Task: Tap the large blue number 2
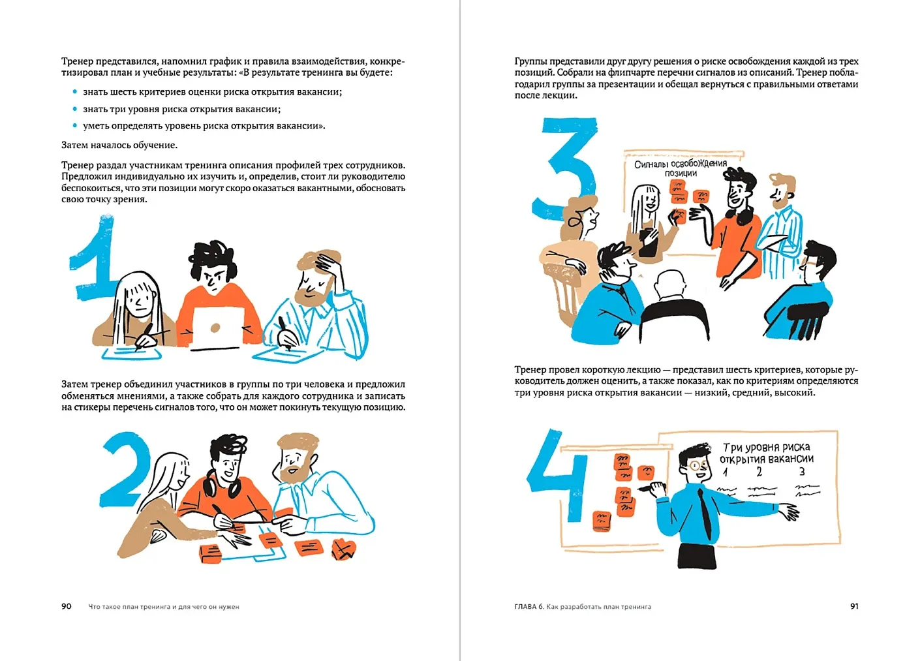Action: coord(125,469)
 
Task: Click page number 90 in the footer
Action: coord(66,606)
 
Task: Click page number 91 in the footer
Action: coord(854,606)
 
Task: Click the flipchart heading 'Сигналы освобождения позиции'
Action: coord(681,168)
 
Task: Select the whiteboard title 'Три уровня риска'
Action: coord(767,447)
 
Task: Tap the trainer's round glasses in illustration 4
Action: coord(699,465)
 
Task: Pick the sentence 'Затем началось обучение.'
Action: coord(119,145)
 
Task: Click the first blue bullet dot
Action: coord(75,91)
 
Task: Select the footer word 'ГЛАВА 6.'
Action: coord(529,606)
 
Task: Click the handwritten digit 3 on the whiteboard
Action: coord(802,471)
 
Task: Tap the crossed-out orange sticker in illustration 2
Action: coord(343,550)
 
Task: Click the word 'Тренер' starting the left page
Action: coord(77,61)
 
